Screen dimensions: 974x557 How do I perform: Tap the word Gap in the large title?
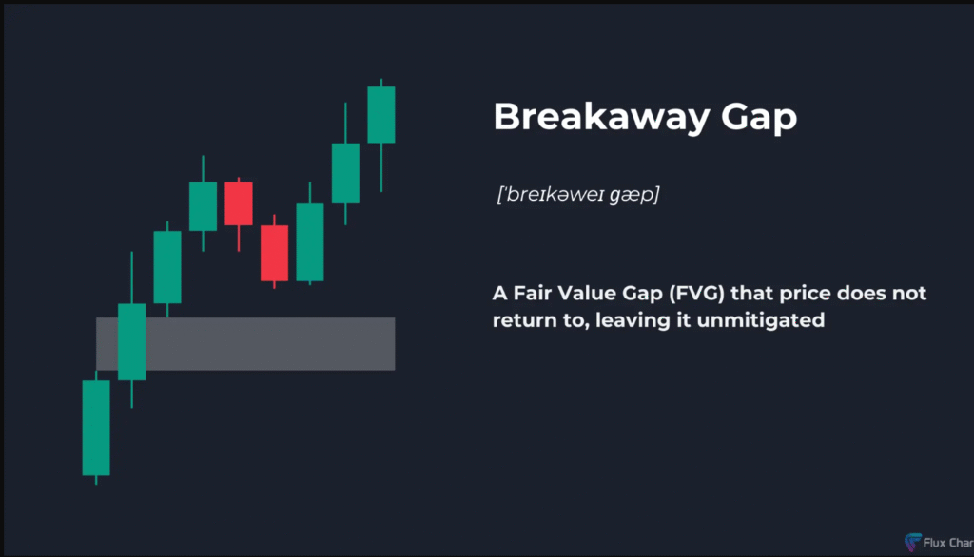pos(759,118)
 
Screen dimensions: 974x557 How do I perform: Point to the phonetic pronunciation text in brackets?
pos(577,194)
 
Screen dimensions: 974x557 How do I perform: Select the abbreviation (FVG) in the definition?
pos(697,293)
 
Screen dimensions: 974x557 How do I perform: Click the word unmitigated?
pos(760,320)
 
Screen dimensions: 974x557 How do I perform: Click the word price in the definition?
pos(805,294)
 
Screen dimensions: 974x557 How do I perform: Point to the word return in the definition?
pos(519,321)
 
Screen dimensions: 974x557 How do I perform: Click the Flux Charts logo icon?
pos(912,542)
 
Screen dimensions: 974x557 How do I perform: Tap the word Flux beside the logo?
pos(934,543)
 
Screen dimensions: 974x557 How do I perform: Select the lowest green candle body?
pos(96,428)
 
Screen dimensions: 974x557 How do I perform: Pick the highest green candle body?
pos(381,115)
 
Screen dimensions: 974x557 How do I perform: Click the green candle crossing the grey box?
pos(131,341)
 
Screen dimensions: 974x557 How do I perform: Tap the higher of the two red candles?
pos(239,203)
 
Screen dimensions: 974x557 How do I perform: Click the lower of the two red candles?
pos(274,254)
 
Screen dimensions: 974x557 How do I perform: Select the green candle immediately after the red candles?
pos(310,242)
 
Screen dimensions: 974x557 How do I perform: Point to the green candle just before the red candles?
pos(204,206)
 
